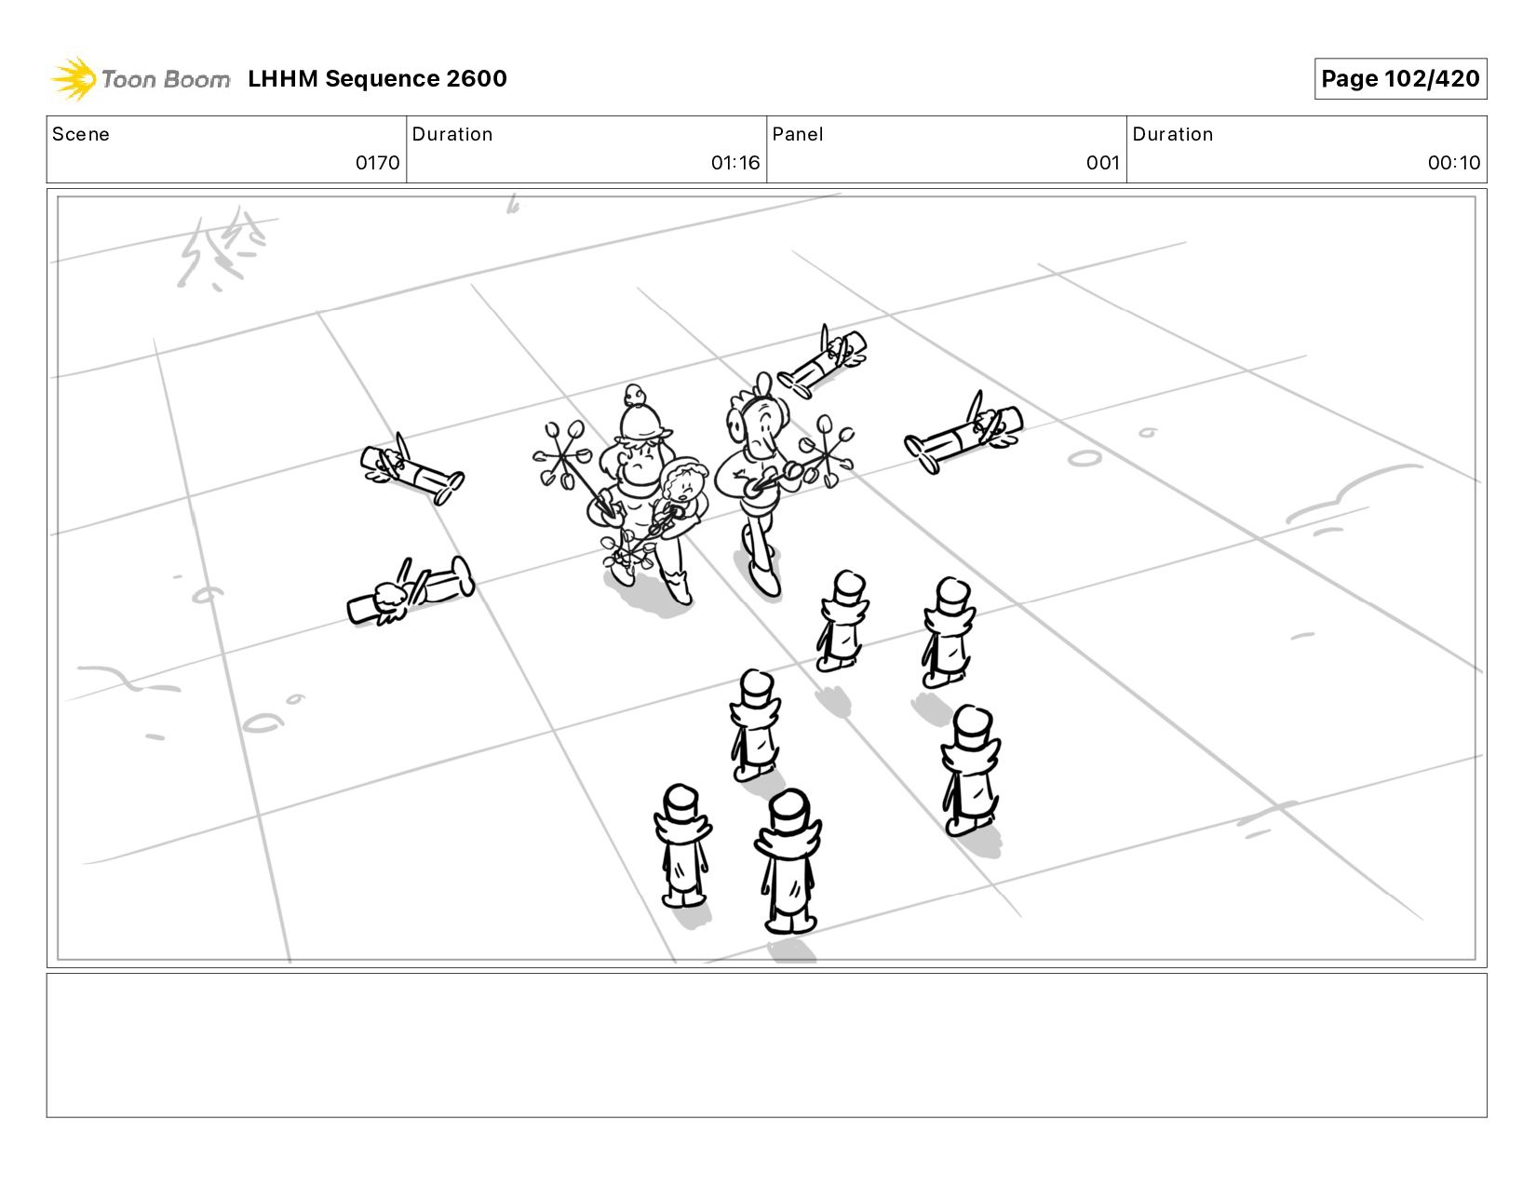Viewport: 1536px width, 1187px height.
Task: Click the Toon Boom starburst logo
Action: point(74,78)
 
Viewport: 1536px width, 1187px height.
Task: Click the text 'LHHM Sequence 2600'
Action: point(377,78)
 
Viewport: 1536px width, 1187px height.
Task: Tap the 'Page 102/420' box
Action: point(1399,78)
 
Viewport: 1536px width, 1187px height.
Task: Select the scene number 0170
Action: point(377,163)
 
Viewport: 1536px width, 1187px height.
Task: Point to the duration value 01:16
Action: point(735,163)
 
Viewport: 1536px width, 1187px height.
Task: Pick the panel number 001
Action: point(1103,163)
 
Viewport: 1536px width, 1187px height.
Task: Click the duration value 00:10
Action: point(1453,163)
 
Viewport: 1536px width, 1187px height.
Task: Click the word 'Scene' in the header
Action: point(81,134)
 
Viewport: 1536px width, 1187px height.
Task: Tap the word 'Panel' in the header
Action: point(798,134)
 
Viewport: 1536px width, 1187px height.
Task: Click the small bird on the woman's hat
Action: point(635,395)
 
